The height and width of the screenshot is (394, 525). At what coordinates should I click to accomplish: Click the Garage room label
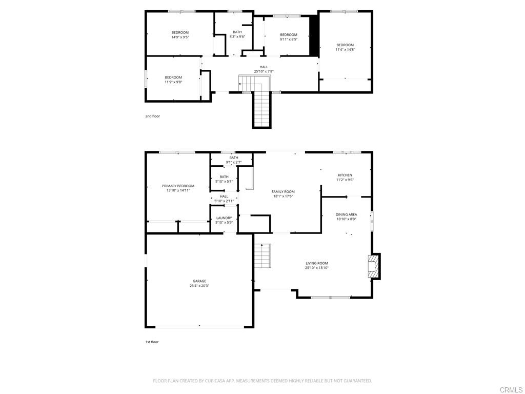[x=199, y=281]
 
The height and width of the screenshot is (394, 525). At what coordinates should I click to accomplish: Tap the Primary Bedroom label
[x=178, y=186]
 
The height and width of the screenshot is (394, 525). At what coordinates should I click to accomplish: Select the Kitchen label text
[x=345, y=175]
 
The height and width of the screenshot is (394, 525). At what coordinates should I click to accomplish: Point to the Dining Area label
[x=346, y=214]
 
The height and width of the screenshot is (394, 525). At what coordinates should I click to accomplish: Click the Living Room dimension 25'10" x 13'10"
[x=316, y=268]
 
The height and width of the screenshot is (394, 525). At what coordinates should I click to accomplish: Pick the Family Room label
[x=283, y=191]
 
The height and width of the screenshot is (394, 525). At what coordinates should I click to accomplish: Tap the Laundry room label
[x=224, y=218]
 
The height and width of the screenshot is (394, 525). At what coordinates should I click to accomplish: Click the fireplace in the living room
[x=374, y=266]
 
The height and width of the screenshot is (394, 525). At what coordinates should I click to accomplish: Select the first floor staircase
[x=262, y=255]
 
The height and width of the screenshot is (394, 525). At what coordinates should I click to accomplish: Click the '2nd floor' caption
[x=152, y=116]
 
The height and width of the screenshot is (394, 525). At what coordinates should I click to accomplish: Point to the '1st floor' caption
[x=152, y=342]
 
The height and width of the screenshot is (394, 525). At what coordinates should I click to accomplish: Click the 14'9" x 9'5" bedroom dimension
[x=180, y=37]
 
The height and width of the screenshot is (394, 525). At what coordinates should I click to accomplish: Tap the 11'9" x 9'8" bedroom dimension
[x=173, y=82]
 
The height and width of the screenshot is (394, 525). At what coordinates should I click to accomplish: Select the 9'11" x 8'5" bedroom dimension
[x=289, y=40]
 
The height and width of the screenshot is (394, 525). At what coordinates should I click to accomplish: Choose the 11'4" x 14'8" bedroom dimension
[x=345, y=50]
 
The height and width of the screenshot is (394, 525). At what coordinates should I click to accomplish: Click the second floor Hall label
[x=264, y=67]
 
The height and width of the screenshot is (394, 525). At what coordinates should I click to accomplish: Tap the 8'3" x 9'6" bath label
[x=237, y=36]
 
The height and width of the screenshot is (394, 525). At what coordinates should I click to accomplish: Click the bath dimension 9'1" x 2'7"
[x=234, y=163]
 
